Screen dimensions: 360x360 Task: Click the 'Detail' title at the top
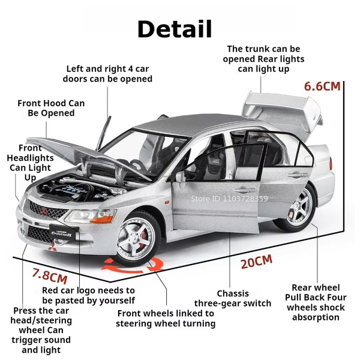pyautogui.click(x=175, y=29)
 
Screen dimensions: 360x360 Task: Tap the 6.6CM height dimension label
pyautogui.click(x=322, y=86)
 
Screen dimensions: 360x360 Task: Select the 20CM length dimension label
pyautogui.click(x=256, y=262)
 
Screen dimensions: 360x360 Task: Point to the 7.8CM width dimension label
pyautogui.click(x=50, y=275)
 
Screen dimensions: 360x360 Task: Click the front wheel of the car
pyautogui.click(x=136, y=239)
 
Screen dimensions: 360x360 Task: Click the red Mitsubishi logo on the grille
pyautogui.click(x=43, y=211)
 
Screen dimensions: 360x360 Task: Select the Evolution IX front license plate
pyautogui.click(x=62, y=233)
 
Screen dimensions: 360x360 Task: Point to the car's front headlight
pyautogui.click(x=90, y=217)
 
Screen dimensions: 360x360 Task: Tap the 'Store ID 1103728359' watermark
pyautogui.click(x=229, y=199)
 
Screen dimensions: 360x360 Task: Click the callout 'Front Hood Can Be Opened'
pyautogui.click(x=51, y=108)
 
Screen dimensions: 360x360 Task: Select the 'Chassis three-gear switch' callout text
pyautogui.click(x=233, y=298)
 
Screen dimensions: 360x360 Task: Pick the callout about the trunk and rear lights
pyautogui.click(x=263, y=59)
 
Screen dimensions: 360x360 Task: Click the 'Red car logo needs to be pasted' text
pyautogui.click(x=88, y=295)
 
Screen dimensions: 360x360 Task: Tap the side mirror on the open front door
pyautogui.click(x=180, y=177)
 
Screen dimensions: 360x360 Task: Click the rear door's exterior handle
pyautogui.click(x=298, y=175)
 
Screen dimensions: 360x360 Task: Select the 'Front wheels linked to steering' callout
pyautogui.click(x=166, y=319)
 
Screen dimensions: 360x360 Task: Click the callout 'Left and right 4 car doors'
pyautogui.click(x=107, y=74)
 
